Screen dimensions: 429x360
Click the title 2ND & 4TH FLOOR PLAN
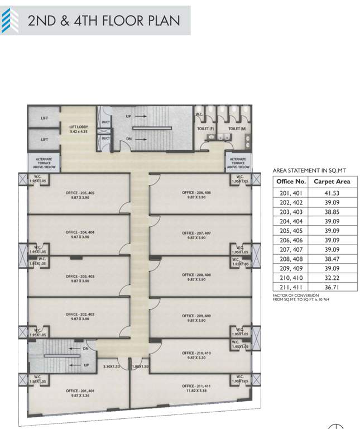pos(104,21)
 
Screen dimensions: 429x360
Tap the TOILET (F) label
pos(207,128)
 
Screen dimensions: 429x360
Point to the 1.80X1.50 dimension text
pos(140,366)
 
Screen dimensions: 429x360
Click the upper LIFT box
pos(44,118)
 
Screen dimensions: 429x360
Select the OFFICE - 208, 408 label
pos(196,278)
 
